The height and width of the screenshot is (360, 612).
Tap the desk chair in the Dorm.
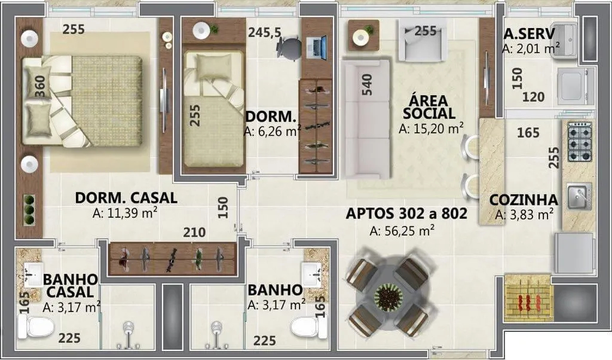click(290, 48)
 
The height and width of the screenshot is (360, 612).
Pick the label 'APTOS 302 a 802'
click(406, 213)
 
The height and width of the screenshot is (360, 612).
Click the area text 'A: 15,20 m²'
click(432, 128)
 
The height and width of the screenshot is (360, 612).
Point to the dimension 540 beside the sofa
click(367, 84)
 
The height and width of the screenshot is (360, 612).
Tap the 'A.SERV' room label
click(530, 33)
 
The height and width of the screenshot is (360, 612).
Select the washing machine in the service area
click(576, 84)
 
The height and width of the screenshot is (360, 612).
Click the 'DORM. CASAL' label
click(126, 197)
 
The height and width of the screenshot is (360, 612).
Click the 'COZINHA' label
click(524, 200)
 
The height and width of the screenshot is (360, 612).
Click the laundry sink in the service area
click(565, 39)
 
